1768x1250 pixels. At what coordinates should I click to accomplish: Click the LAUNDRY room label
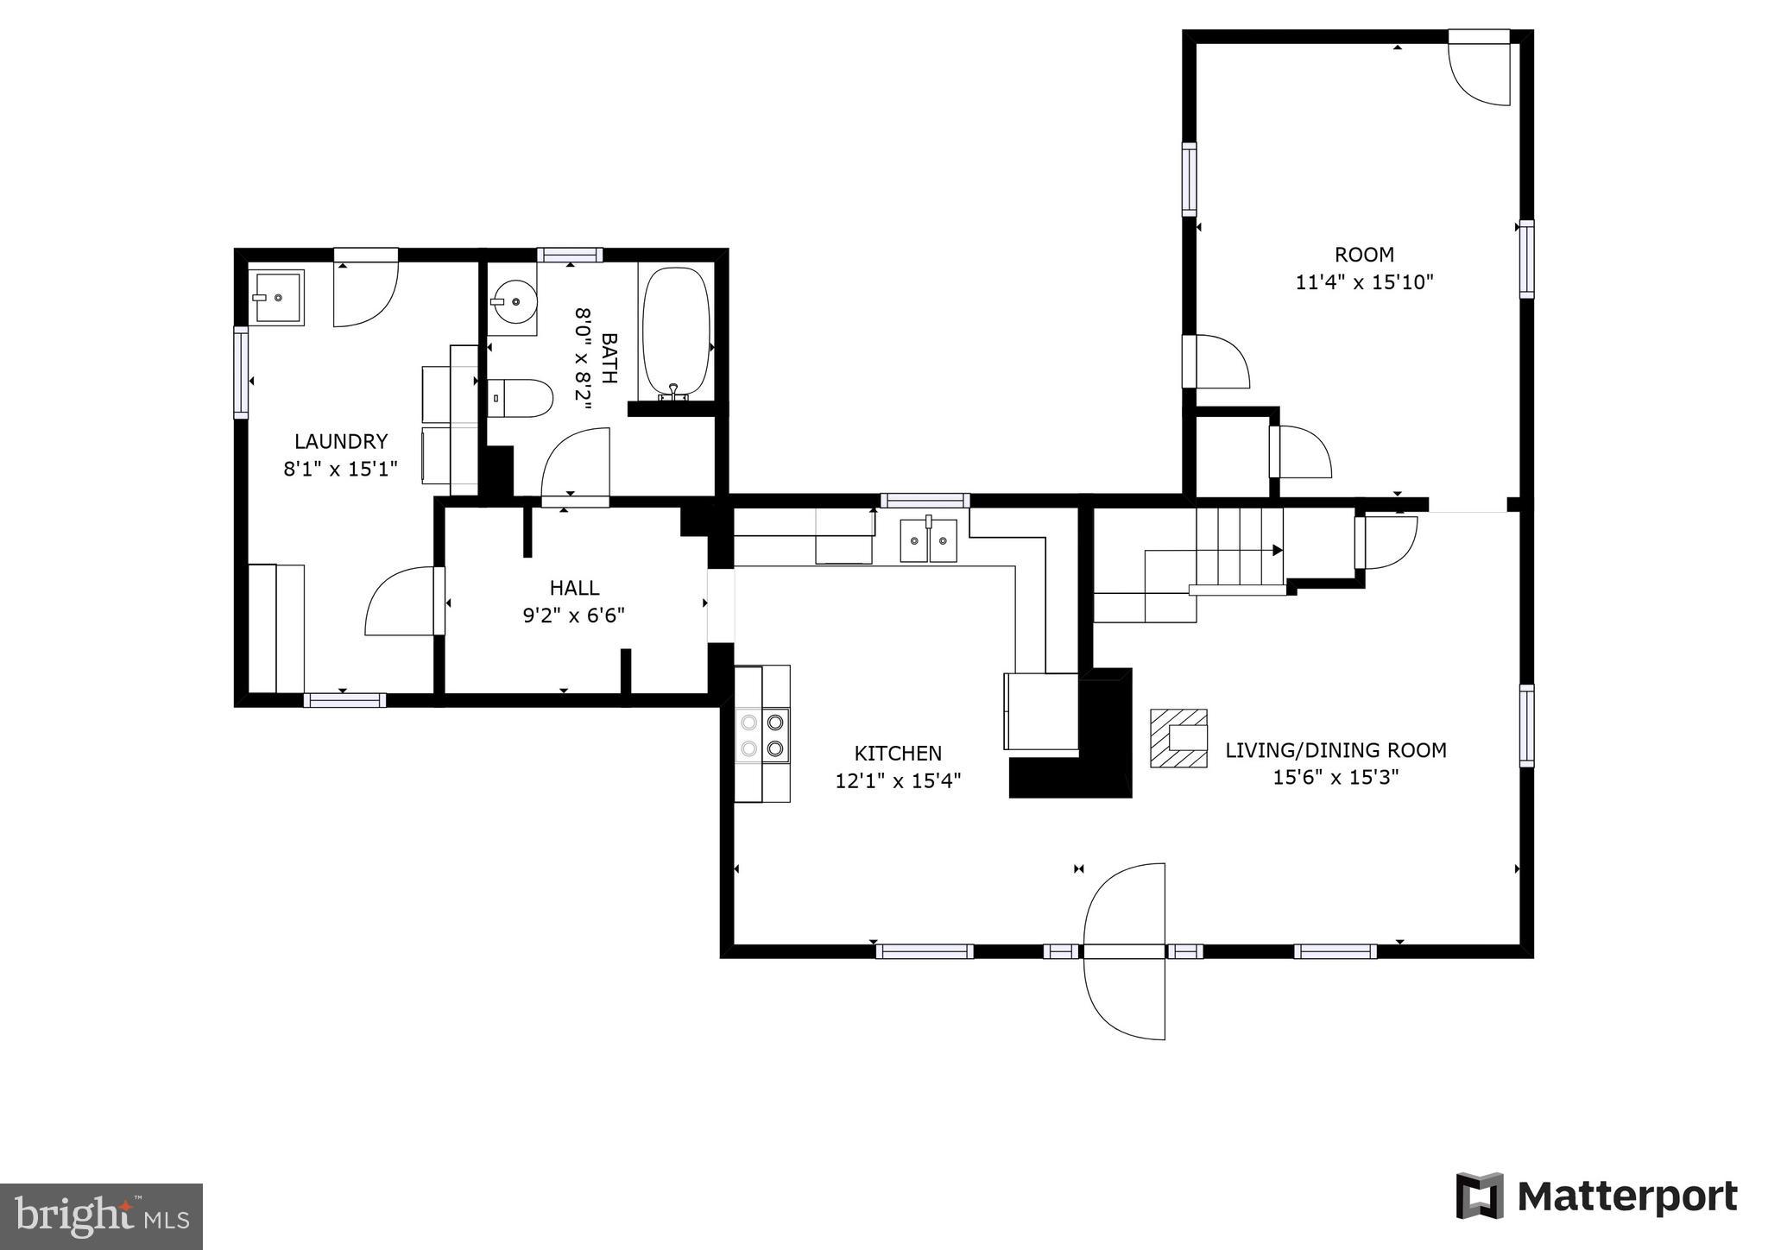pyautogui.click(x=341, y=442)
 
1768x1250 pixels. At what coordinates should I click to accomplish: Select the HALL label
pyautogui.click(x=574, y=588)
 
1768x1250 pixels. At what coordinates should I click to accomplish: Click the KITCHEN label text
pyautogui.click(x=898, y=753)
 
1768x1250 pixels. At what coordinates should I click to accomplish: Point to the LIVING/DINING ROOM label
pyautogui.click(x=1335, y=750)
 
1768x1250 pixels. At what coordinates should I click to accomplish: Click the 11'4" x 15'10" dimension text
pyautogui.click(x=1364, y=282)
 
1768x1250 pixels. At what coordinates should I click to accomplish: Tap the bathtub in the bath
pyautogui.click(x=677, y=332)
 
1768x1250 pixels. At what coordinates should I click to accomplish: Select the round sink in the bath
pyautogui.click(x=512, y=302)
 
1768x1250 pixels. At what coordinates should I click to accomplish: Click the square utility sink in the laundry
pyautogui.click(x=276, y=298)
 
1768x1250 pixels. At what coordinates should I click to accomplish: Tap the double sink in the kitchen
pyautogui.click(x=928, y=540)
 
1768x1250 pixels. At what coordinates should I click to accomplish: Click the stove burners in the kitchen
pyautogui.click(x=763, y=735)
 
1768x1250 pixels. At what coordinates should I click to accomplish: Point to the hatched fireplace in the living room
pyautogui.click(x=1178, y=738)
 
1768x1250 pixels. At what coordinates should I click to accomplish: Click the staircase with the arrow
pyautogui.click(x=1238, y=549)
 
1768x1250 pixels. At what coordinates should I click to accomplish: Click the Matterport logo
pyautogui.click(x=1596, y=1196)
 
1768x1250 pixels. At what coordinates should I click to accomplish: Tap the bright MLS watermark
pyautogui.click(x=101, y=1216)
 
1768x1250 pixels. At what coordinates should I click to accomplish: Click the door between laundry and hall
pyautogui.click(x=404, y=602)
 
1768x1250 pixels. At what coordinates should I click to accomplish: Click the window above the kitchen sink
pyautogui.click(x=925, y=500)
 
